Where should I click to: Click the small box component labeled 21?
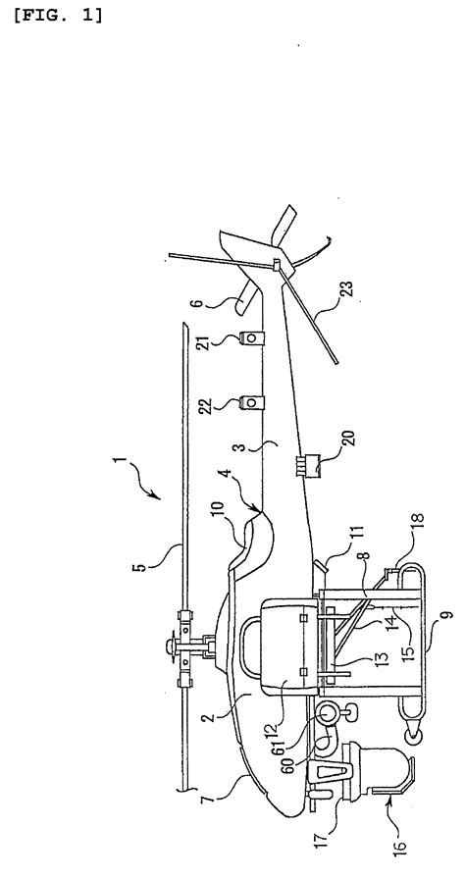click(251, 339)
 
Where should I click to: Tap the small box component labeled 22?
click(251, 402)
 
